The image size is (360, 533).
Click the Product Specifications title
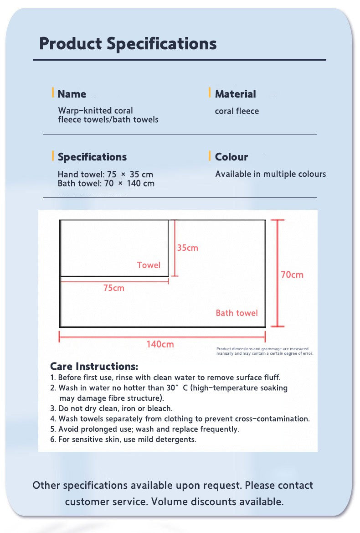(x=128, y=44)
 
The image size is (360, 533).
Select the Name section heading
(x=72, y=94)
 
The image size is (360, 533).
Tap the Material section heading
(x=235, y=94)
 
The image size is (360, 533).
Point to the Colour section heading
(x=231, y=157)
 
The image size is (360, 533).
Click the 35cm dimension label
(x=187, y=248)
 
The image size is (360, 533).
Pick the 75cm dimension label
(x=113, y=288)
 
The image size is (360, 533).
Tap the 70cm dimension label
(x=292, y=274)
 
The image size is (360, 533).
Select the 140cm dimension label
(x=160, y=344)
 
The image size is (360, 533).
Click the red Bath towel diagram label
(x=237, y=313)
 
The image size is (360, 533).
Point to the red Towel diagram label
(x=149, y=265)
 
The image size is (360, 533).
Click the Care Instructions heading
(x=94, y=367)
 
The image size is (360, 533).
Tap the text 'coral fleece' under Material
(x=237, y=111)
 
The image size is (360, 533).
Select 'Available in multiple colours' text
(x=270, y=174)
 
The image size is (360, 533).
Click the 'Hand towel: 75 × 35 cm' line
(x=105, y=174)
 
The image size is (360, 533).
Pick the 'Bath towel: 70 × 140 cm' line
(x=106, y=183)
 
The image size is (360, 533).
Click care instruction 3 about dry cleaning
(x=111, y=409)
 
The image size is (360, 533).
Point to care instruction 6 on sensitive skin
(x=123, y=440)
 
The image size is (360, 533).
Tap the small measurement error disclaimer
(x=264, y=351)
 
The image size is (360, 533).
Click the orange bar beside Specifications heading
(x=53, y=156)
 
